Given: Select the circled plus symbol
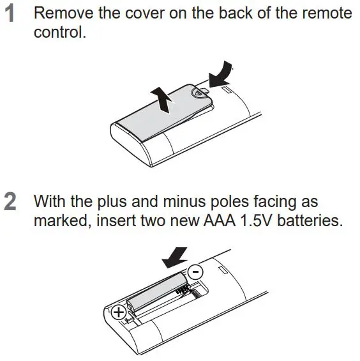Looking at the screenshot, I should pos(118,313).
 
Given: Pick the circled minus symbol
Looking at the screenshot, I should pos(197,272).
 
